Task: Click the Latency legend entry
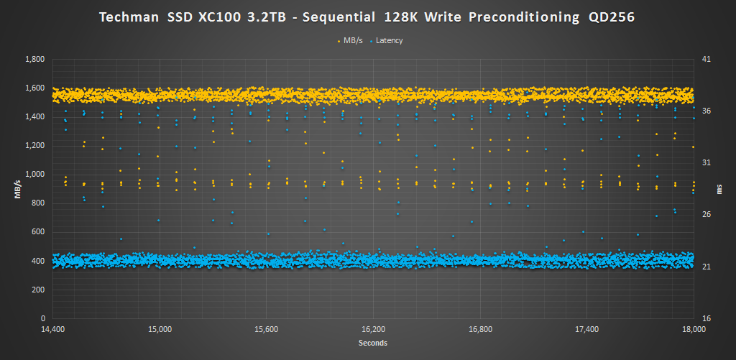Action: click(389, 40)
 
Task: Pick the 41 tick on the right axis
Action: click(705, 59)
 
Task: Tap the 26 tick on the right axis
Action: click(705, 214)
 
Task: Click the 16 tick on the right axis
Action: click(705, 318)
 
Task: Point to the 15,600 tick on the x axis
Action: click(267, 330)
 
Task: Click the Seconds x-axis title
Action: click(373, 343)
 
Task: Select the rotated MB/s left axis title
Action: click(15, 188)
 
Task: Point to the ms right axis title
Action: click(719, 189)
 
